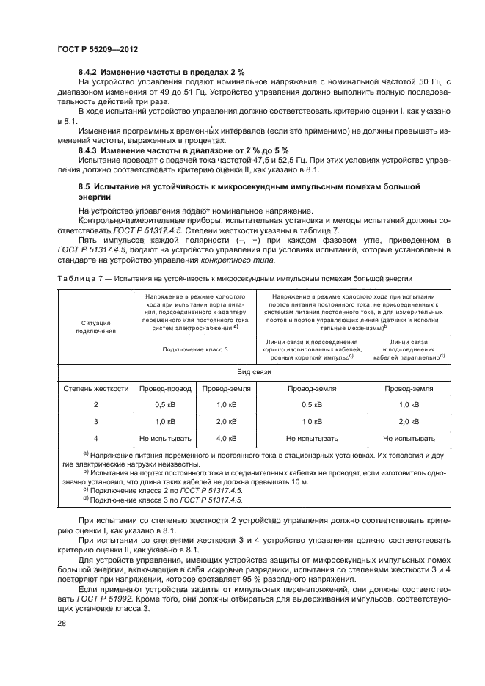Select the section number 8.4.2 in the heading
pos(89,73)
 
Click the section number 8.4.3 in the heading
pos(89,150)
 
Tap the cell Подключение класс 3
pos(194,350)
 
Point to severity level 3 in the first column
pos(95,422)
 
